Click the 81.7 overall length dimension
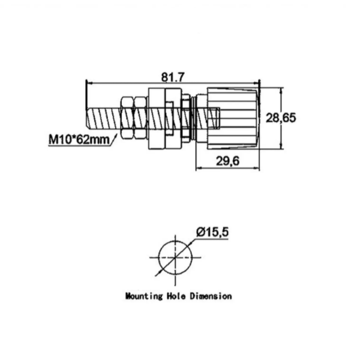172,76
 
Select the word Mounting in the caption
144,296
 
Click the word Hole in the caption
177,296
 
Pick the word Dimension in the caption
211,296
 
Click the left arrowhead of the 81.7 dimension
89,83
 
